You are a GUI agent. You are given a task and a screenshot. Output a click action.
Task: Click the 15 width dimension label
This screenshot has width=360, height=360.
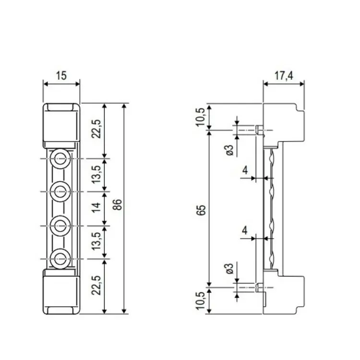click(61, 75)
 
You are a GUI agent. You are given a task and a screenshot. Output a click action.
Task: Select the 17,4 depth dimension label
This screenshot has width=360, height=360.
click(284, 75)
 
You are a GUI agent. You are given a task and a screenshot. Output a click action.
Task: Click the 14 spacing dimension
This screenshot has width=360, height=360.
click(96, 208)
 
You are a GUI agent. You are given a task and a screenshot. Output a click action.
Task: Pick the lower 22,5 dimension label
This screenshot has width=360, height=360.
click(96, 287)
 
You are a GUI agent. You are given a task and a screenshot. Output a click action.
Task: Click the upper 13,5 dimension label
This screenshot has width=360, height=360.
click(96, 175)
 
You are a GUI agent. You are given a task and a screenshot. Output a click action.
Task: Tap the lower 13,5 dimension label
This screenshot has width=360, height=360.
click(96, 241)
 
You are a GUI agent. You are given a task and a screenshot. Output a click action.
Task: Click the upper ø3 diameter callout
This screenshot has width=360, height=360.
click(230, 150)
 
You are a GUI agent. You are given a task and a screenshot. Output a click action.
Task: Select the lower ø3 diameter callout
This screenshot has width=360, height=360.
click(230, 269)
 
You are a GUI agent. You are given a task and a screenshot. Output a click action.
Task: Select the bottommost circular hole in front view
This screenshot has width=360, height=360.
click(60, 258)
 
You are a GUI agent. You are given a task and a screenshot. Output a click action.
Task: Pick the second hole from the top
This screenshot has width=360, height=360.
click(60, 191)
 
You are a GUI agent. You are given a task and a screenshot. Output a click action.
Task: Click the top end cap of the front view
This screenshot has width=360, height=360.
click(61, 124)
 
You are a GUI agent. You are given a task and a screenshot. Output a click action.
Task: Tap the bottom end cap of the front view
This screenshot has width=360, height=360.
click(61, 291)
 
